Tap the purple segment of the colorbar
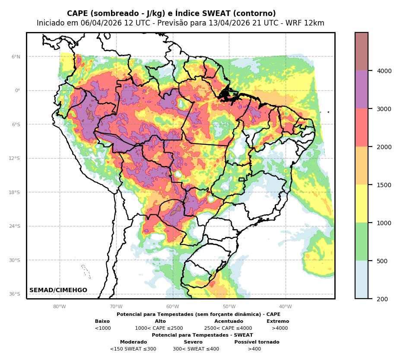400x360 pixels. [x=362, y=89]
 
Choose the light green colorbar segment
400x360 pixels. [x=362, y=242]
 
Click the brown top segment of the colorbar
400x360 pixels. [x=362, y=51]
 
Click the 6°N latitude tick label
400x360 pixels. [x=16, y=57]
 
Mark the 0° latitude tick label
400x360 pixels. [x=18, y=91]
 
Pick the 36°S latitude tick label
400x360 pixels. [x=15, y=294]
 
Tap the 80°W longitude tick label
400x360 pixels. [x=60, y=307]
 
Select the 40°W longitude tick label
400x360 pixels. [x=286, y=307]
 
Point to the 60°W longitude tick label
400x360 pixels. [x=173, y=307]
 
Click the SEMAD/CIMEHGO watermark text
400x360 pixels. [x=58, y=290]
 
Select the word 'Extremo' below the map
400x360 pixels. [x=278, y=322]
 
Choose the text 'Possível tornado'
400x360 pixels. [x=257, y=342]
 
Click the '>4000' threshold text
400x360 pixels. [x=279, y=328]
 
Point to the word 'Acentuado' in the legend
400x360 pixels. [x=229, y=322]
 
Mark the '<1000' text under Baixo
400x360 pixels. [x=103, y=328]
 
